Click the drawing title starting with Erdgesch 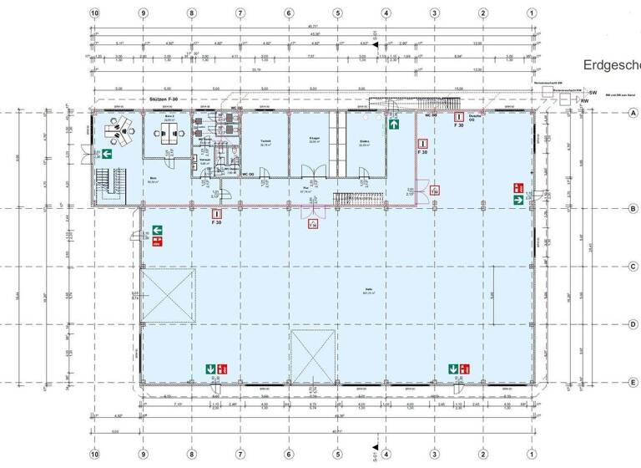[611, 66]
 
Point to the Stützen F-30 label [164, 99]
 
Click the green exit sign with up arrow [392, 124]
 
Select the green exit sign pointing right [518, 200]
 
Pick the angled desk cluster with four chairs [122, 128]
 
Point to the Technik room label [265, 141]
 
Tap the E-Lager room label [313, 141]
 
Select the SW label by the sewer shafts [593, 93]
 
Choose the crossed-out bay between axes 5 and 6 [312, 355]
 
